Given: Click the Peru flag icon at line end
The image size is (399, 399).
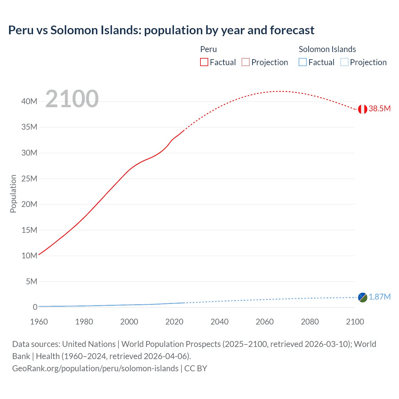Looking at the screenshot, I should click(363, 109).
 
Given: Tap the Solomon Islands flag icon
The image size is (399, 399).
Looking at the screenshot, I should click(363, 297).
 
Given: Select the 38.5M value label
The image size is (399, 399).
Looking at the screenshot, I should click(379, 108).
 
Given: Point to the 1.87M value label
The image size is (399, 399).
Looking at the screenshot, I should click(379, 297).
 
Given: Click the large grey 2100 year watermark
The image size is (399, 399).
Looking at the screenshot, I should click(72, 99).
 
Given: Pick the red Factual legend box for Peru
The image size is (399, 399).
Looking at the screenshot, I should click(204, 62).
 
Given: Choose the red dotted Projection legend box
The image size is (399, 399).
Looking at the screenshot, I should click(246, 62).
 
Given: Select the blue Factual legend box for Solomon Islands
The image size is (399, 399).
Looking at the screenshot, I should click(303, 62).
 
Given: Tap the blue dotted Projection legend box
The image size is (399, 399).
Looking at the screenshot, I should click(344, 62).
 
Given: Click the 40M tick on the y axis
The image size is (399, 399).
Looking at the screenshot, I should click(30, 101).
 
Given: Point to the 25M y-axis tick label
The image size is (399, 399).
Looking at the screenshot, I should click(30, 179).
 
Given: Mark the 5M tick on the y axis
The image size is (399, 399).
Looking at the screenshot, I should click(31, 281).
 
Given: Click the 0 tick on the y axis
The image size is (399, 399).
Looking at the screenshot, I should click(35, 307).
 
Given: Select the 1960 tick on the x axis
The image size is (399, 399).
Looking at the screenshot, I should click(39, 322).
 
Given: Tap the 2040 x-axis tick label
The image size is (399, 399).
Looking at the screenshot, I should click(219, 322).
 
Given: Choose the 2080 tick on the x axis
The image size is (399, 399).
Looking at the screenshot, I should click(310, 322).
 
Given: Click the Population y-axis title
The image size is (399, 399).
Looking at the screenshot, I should click(13, 194).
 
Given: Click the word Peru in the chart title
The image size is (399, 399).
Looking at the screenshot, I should click(21, 30).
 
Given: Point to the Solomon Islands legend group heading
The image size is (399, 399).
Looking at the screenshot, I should click(327, 49).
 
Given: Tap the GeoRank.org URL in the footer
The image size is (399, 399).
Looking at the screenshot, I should click(95, 368).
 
